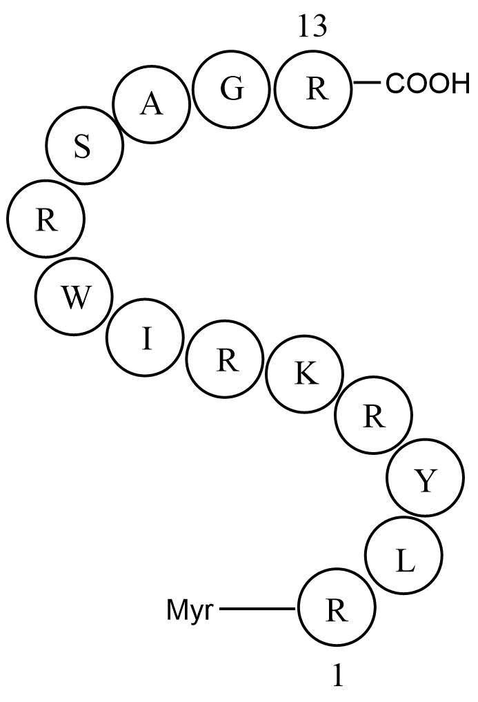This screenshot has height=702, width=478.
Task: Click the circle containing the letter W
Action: [x=74, y=296]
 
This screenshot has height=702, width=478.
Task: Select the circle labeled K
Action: [x=304, y=373]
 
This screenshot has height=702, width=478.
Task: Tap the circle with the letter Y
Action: [x=426, y=477]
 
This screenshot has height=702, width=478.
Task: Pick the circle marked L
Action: [x=404, y=554]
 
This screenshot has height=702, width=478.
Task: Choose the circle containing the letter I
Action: [x=146, y=335]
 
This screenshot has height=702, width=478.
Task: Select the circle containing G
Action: [x=232, y=88]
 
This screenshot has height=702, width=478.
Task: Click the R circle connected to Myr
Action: [x=337, y=607]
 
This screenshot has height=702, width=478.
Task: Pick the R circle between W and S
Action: [x=46, y=218]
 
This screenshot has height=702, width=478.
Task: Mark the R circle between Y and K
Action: [x=373, y=416]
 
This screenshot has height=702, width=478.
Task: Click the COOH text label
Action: [x=428, y=84]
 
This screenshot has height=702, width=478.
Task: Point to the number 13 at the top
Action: [x=313, y=26]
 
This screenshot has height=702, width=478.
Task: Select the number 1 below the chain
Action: [x=339, y=674]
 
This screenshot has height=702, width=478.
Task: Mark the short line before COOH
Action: [x=367, y=82]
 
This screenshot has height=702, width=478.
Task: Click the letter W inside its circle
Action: [x=74, y=298]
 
